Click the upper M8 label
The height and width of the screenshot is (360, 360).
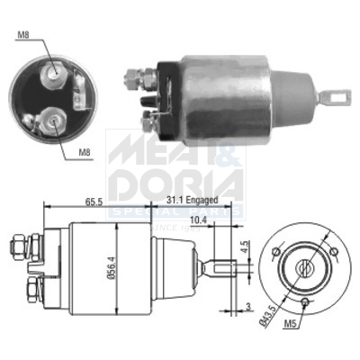[22, 37]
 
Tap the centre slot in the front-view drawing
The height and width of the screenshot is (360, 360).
[303, 267]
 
